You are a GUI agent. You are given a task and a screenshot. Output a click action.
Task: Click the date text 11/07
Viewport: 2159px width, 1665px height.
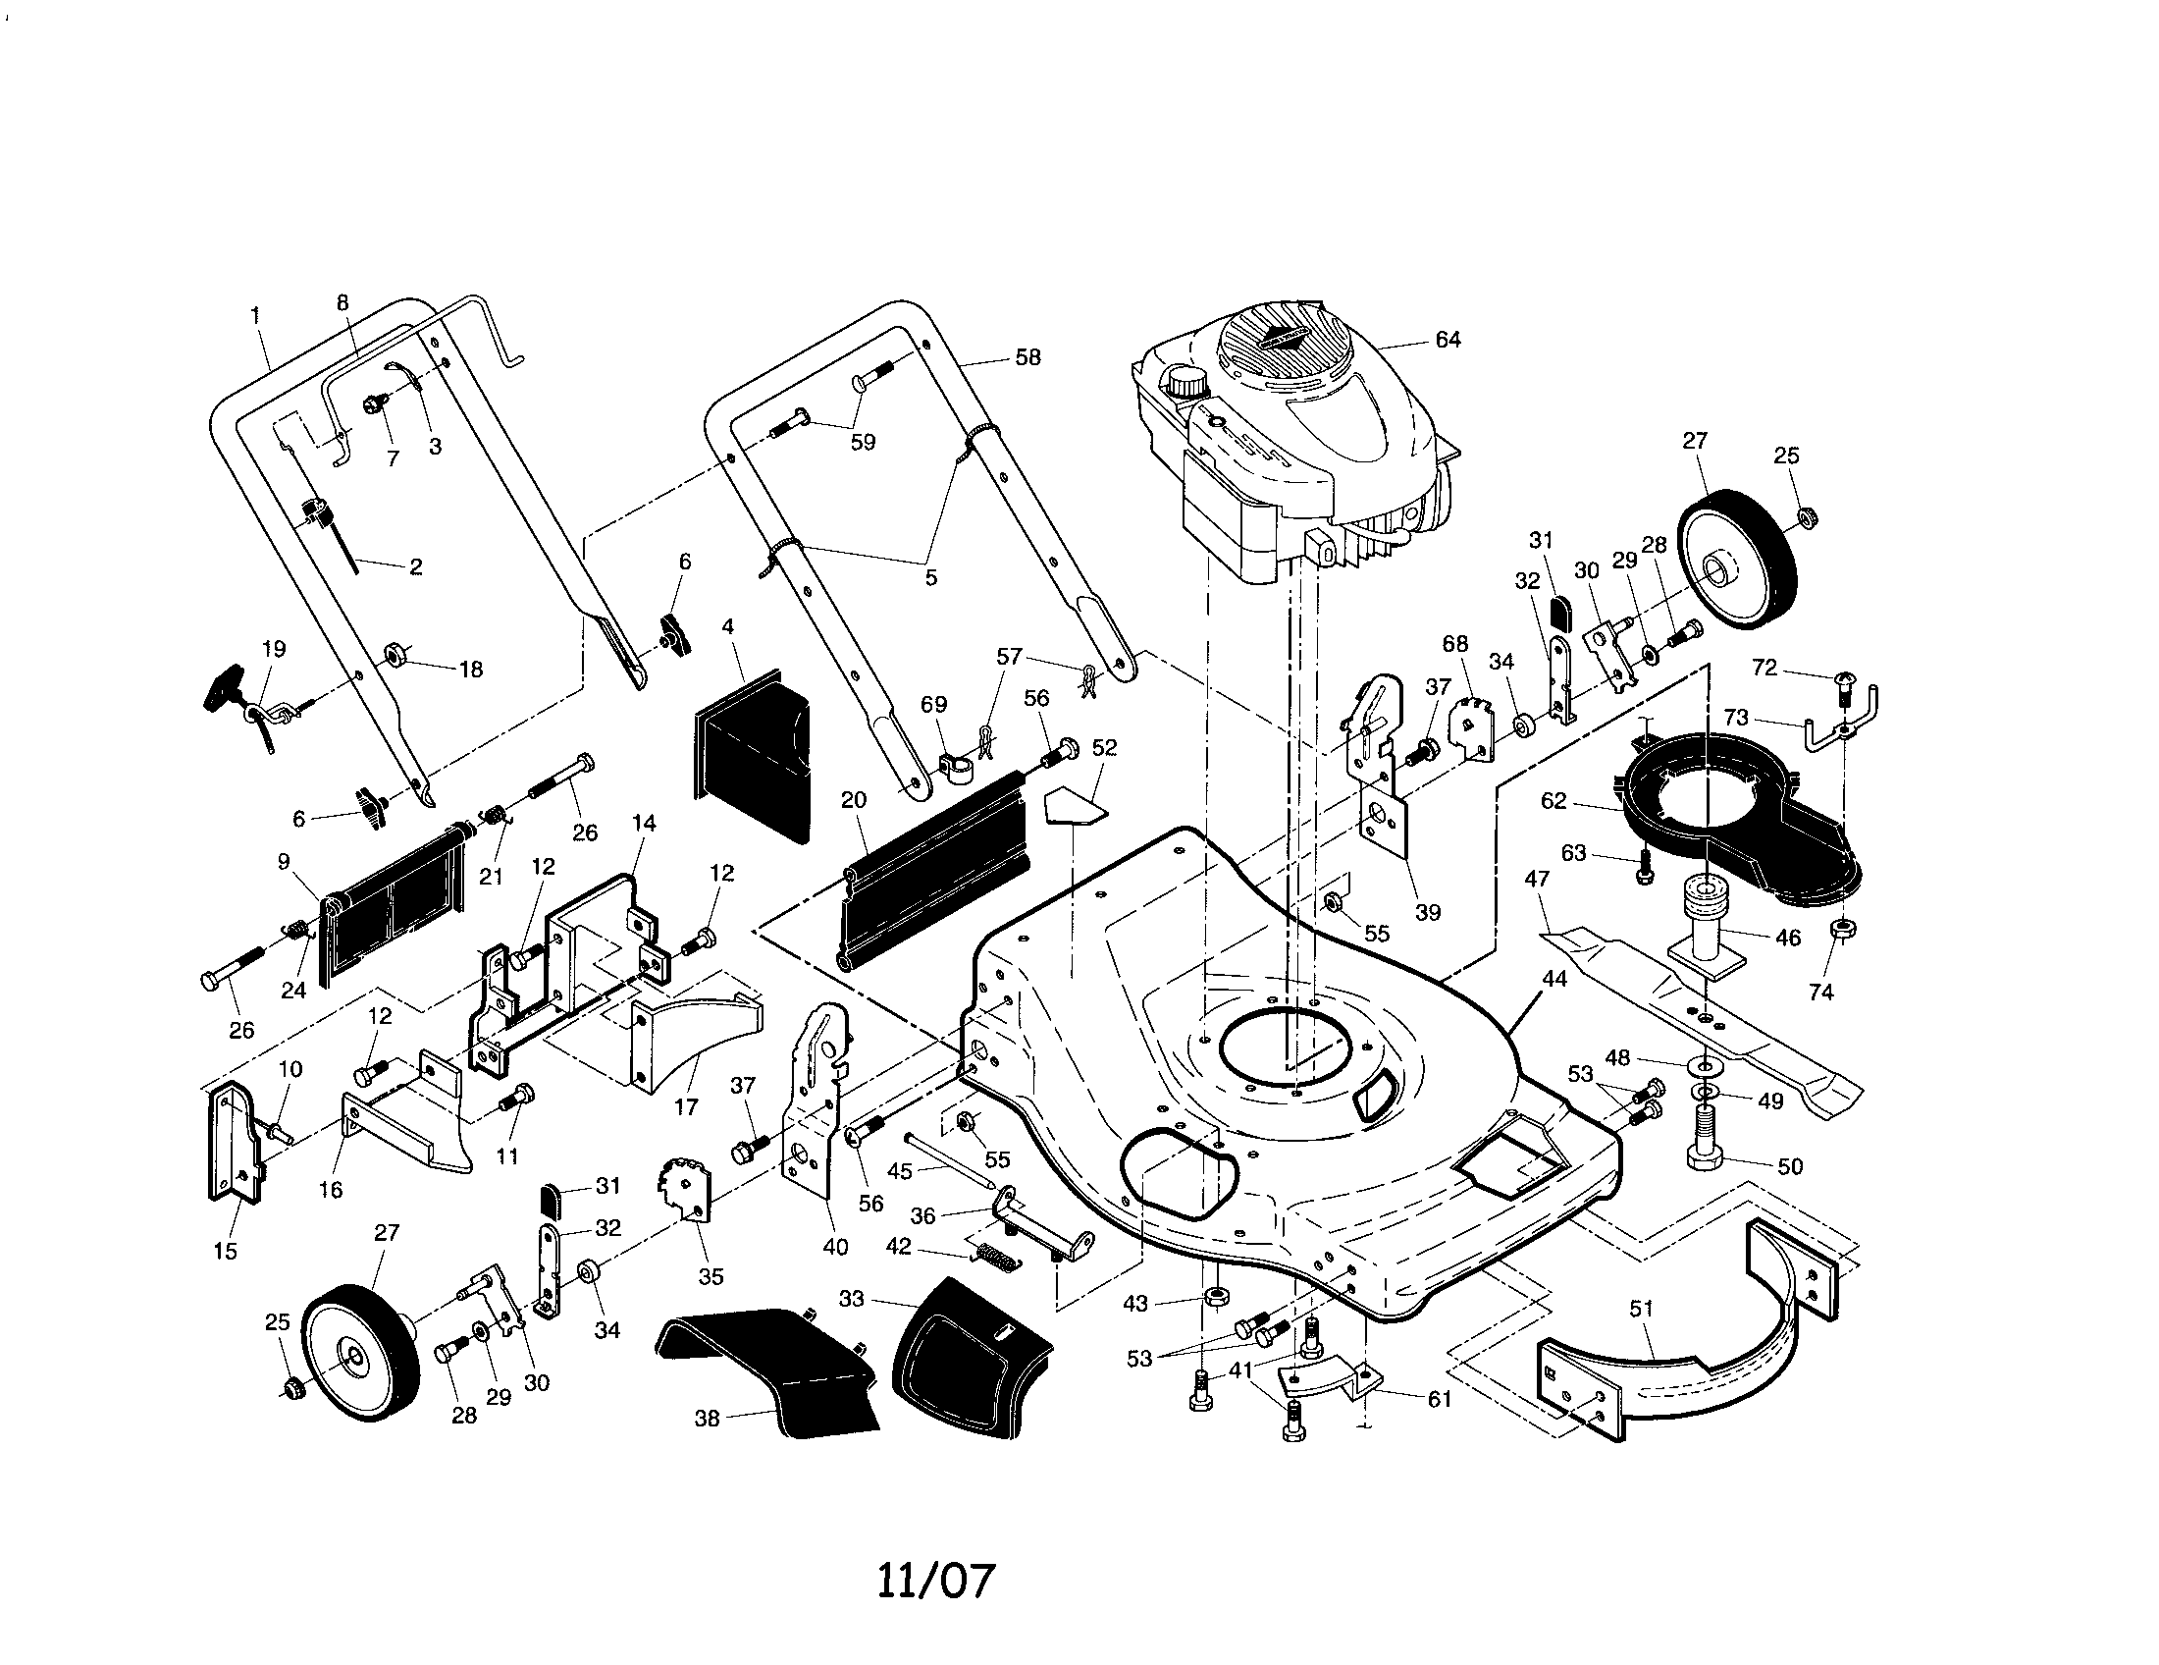935,1581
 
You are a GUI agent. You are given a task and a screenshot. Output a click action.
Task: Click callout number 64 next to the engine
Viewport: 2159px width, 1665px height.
1448,340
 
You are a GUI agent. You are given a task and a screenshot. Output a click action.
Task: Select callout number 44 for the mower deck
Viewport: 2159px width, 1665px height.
1554,979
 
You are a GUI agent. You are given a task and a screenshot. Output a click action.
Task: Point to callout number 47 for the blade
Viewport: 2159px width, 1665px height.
1537,879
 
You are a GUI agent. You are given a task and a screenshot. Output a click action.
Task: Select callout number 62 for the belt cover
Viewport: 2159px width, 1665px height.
1554,801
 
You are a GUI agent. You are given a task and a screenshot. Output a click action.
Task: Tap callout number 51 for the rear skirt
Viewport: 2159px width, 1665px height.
1641,1309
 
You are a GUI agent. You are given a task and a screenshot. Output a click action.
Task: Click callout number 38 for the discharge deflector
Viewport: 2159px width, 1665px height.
707,1419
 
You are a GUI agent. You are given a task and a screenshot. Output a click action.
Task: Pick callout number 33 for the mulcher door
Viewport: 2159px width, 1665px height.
851,1298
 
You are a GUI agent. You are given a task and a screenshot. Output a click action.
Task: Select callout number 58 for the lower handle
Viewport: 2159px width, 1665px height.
1028,358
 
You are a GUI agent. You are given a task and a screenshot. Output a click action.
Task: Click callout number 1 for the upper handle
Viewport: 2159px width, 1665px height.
256,316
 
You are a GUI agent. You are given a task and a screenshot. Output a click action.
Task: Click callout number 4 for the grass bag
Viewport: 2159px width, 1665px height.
727,627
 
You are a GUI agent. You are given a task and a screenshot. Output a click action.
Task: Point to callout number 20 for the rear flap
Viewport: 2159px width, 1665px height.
853,801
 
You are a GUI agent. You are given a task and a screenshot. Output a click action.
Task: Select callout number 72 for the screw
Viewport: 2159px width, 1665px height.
1764,669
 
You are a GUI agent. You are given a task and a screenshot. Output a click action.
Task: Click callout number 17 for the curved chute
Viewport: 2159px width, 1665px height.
686,1107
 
